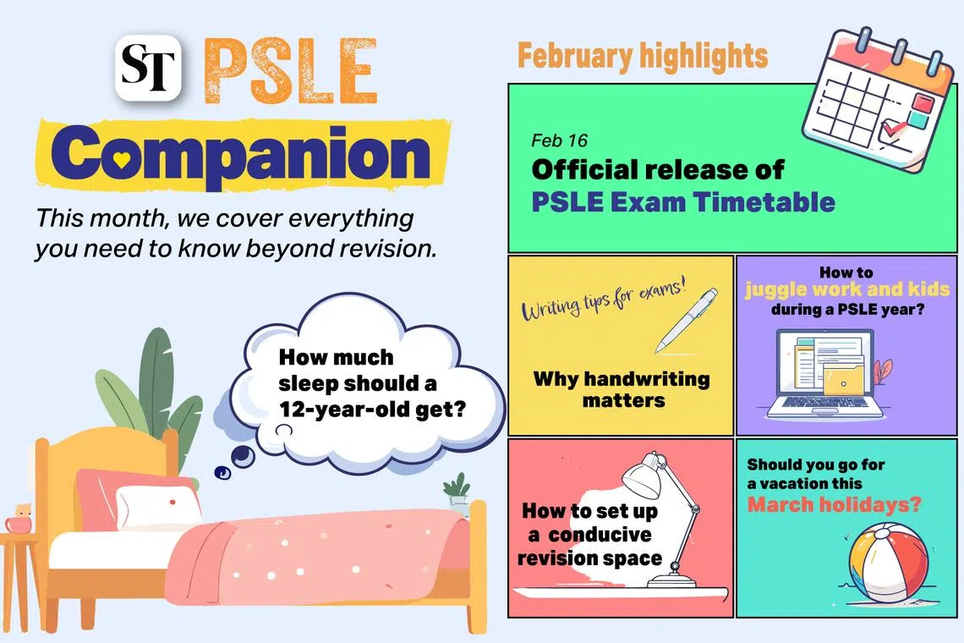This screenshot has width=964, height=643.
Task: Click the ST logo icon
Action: pyautogui.click(x=148, y=68)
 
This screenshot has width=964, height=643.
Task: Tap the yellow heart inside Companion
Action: pyautogui.click(x=122, y=159)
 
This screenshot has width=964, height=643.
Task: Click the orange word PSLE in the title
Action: pyautogui.click(x=289, y=71)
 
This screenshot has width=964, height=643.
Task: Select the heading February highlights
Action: pyautogui.click(x=643, y=57)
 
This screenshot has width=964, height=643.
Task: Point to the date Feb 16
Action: pyautogui.click(x=560, y=140)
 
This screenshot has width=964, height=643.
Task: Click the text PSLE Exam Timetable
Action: pyautogui.click(x=683, y=202)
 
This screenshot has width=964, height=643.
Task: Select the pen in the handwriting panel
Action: pyautogui.click(x=686, y=321)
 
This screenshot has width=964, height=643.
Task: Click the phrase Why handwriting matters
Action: pyautogui.click(x=622, y=389)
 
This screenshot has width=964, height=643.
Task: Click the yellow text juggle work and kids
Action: pyautogui.click(x=847, y=289)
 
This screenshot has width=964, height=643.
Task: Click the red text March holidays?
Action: pyautogui.click(x=835, y=505)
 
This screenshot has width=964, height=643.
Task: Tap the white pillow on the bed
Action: pyautogui.click(x=159, y=507)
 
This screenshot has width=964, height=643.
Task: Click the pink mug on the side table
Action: pyautogui.click(x=19, y=523)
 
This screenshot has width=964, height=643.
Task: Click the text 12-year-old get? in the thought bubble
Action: pyautogui.click(x=372, y=409)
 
